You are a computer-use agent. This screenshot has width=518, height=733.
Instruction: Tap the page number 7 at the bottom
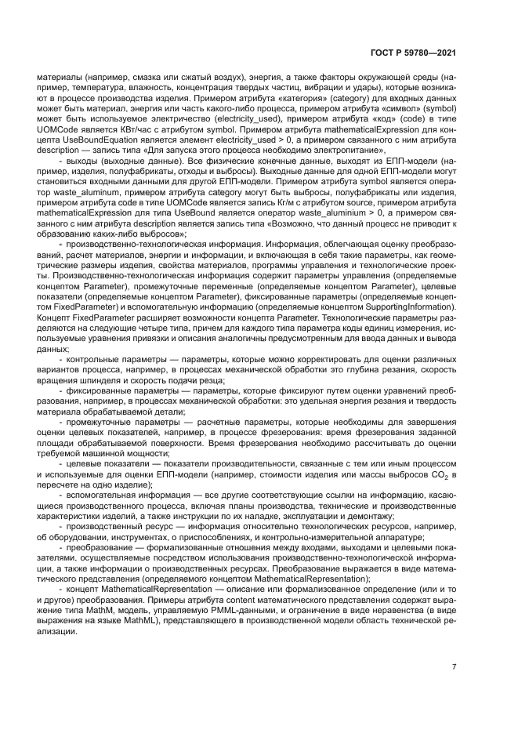click(454, 667)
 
